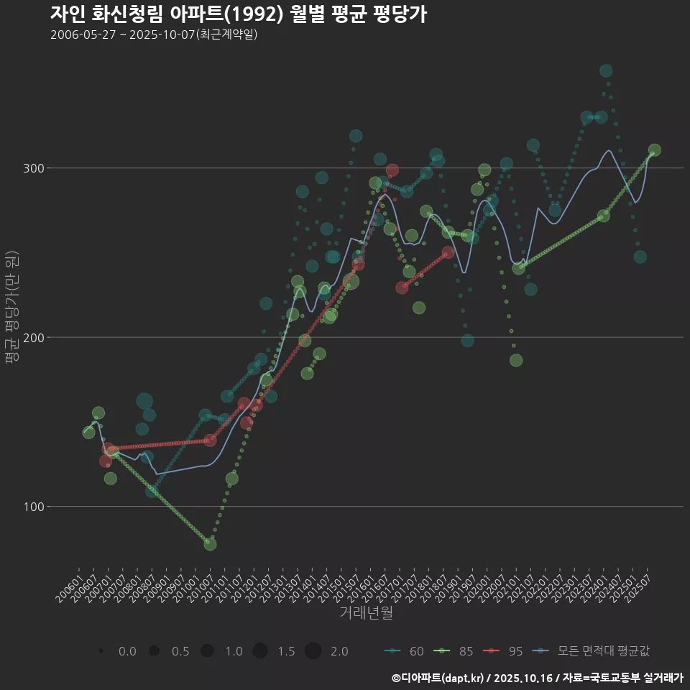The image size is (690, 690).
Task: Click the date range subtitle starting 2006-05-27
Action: (x=154, y=34)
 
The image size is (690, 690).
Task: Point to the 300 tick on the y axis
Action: (x=34, y=168)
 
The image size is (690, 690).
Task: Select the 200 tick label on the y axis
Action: (x=34, y=337)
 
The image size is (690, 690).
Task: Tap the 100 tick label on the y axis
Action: (x=34, y=507)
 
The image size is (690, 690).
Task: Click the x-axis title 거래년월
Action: (x=366, y=613)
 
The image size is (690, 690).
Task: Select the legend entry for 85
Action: (x=456, y=651)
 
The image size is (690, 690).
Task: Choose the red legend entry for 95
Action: (x=505, y=651)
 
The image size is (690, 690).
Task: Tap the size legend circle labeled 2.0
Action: (x=313, y=651)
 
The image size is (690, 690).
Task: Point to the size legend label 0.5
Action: (x=180, y=651)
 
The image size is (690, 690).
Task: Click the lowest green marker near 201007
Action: (x=210, y=544)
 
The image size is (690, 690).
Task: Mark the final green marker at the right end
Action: (x=654, y=150)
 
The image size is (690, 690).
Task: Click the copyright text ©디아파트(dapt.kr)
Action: (x=438, y=678)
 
